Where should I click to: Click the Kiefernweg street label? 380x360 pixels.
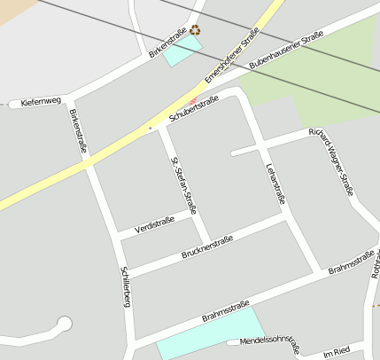[x=41, y=102]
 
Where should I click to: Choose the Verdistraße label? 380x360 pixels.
[x=154, y=223]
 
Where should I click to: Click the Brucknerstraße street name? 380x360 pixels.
[x=206, y=247]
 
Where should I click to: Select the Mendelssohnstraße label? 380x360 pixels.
[x=269, y=342]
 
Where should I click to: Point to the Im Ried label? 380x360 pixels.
[x=337, y=352]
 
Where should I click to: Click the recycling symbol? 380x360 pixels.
[x=195, y=30]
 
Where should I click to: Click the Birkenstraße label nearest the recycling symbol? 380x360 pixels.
[x=167, y=43]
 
